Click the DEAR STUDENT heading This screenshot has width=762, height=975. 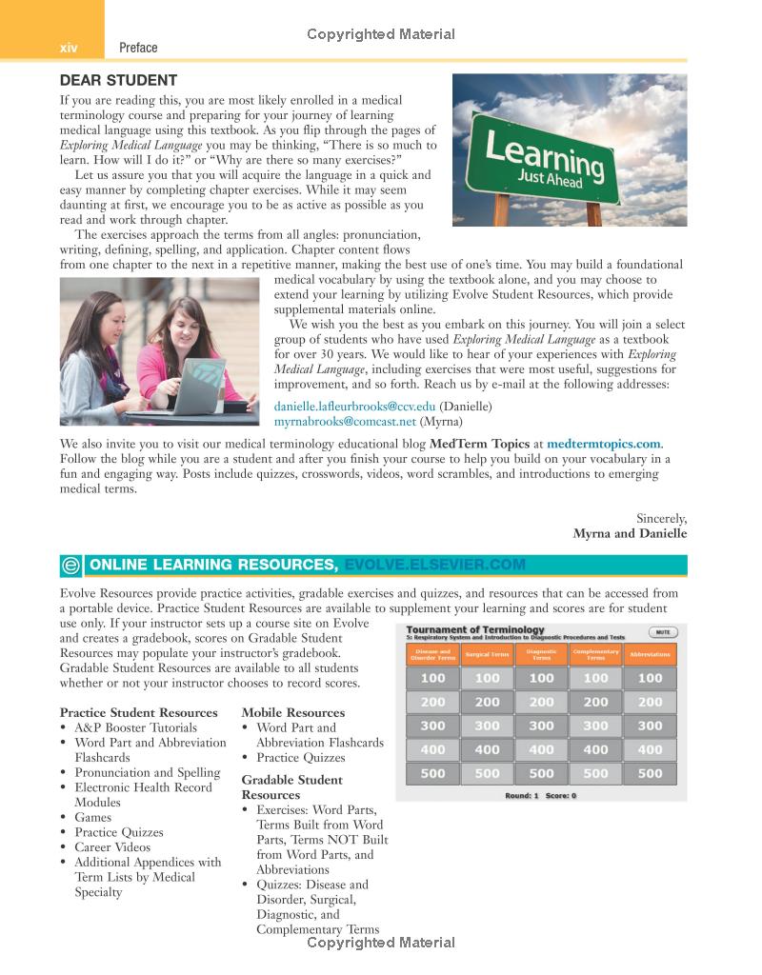(x=118, y=80)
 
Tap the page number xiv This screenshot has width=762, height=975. (x=69, y=48)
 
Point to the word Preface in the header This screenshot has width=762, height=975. (x=139, y=48)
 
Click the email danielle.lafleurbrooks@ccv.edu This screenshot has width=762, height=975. (x=354, y=407)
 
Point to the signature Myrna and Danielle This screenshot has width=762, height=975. (x=630, y=533)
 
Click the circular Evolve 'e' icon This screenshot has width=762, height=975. (x=70, y=566)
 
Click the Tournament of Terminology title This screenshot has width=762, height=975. (x=475, y=629)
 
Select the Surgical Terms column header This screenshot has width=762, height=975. (x=487, y=655)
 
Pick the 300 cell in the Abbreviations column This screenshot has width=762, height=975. (x=650, y=726)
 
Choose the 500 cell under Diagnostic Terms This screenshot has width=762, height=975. (x=541, y=773)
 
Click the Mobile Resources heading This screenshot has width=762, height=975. (x=293, y=712)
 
